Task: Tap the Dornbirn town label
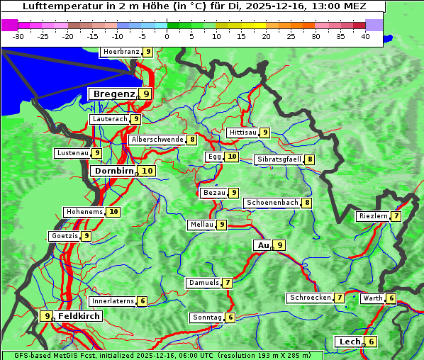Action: pos(113,171)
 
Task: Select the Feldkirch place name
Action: pos(79,316)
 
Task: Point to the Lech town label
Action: pos(350,342)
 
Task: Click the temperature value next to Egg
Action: pos(232,157)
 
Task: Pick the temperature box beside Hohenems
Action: pos(113,212)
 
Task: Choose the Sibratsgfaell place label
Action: pos(279,159)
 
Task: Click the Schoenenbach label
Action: pos(272,203)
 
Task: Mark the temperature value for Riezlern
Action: pos(396,216)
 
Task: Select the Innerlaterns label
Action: pos(112,301)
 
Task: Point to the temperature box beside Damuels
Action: pos(227,283)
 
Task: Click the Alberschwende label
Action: pos(157,140)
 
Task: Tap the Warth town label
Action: pos(372,298)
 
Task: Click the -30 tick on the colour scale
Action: pos(18,35)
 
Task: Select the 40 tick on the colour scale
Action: pos(365,35)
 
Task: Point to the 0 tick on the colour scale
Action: pos(167,35)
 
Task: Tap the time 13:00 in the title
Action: pos(323,6)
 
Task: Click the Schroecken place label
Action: pos(310,298)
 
